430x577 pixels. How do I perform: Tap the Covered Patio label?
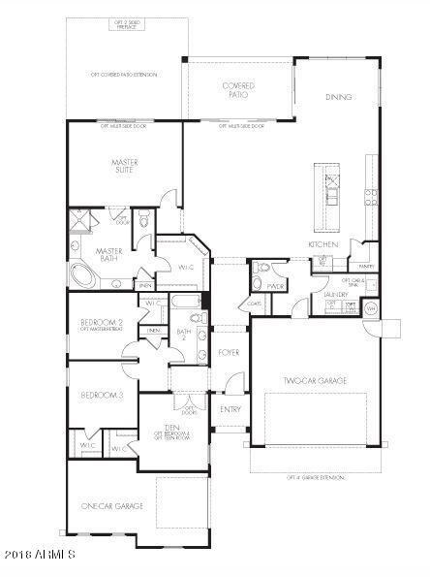[236, 91]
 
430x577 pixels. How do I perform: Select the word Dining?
[338, 97]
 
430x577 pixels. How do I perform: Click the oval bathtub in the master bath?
[85, 279]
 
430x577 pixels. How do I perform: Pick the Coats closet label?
[255, 304]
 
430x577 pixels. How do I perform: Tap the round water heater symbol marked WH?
[369, 308]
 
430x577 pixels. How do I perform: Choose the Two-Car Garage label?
[312, 381]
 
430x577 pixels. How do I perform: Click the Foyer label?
[230, 352]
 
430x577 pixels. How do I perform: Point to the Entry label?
[230, 409]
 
